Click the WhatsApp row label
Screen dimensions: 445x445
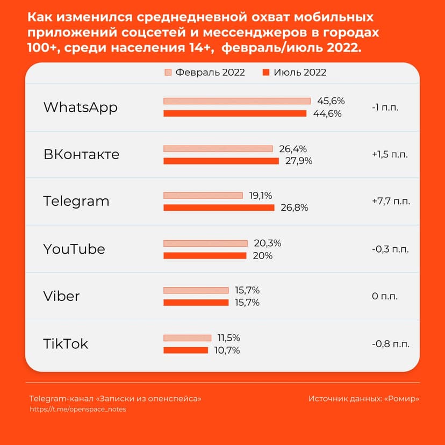click(80, 107)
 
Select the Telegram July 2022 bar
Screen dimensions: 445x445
click(219, 208)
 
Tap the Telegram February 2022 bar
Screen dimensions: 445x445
click(203, 196)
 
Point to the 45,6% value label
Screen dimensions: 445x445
click(331, 101)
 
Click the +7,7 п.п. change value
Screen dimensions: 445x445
click(391, 202)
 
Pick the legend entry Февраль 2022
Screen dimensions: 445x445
click(205, 73)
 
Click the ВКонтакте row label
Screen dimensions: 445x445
click(81, 154)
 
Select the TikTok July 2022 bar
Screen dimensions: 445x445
click(185, 350)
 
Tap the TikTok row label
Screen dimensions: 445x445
click(66, 344)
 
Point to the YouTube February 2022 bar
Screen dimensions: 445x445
click(205, 243)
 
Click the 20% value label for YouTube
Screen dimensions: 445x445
click(262, 256)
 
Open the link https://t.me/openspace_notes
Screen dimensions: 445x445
click(78, 409)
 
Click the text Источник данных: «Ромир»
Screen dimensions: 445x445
click(363, 399)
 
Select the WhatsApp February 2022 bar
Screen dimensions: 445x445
click(237, 101)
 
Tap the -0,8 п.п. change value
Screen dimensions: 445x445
click(390, 344)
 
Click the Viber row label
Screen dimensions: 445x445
click(61, 296)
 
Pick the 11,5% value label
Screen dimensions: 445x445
click(228, 338)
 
